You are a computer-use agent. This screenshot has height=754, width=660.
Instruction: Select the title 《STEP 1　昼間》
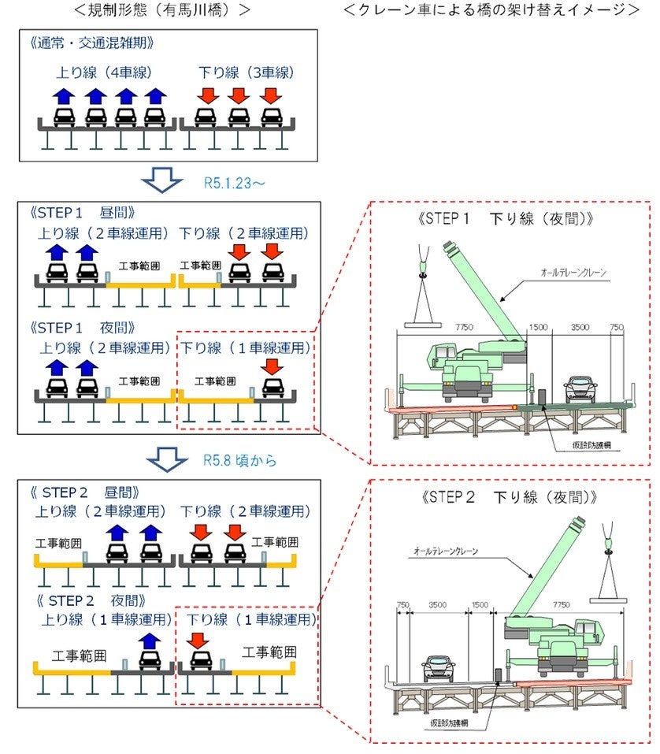85,213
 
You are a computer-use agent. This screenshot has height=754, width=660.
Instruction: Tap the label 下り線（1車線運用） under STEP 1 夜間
246,347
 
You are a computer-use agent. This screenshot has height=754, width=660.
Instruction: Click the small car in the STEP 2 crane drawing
439,668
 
